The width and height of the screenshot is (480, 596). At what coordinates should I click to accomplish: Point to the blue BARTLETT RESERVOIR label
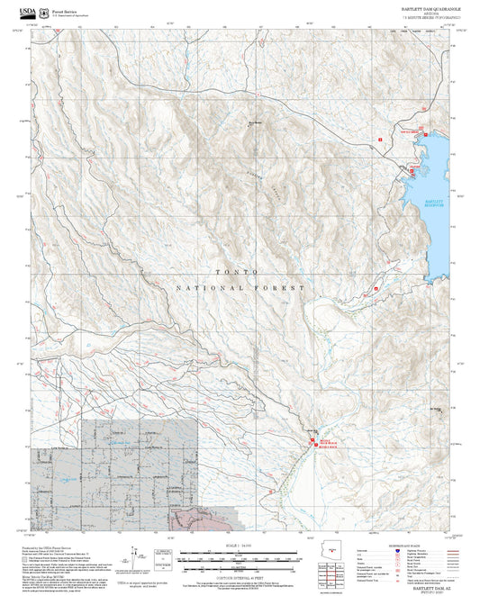tap(433, 202)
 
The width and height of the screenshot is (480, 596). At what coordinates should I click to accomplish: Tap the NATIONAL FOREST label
tap(237, 288)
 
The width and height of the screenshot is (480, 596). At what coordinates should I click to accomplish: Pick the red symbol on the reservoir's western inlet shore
tap(412, 168)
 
